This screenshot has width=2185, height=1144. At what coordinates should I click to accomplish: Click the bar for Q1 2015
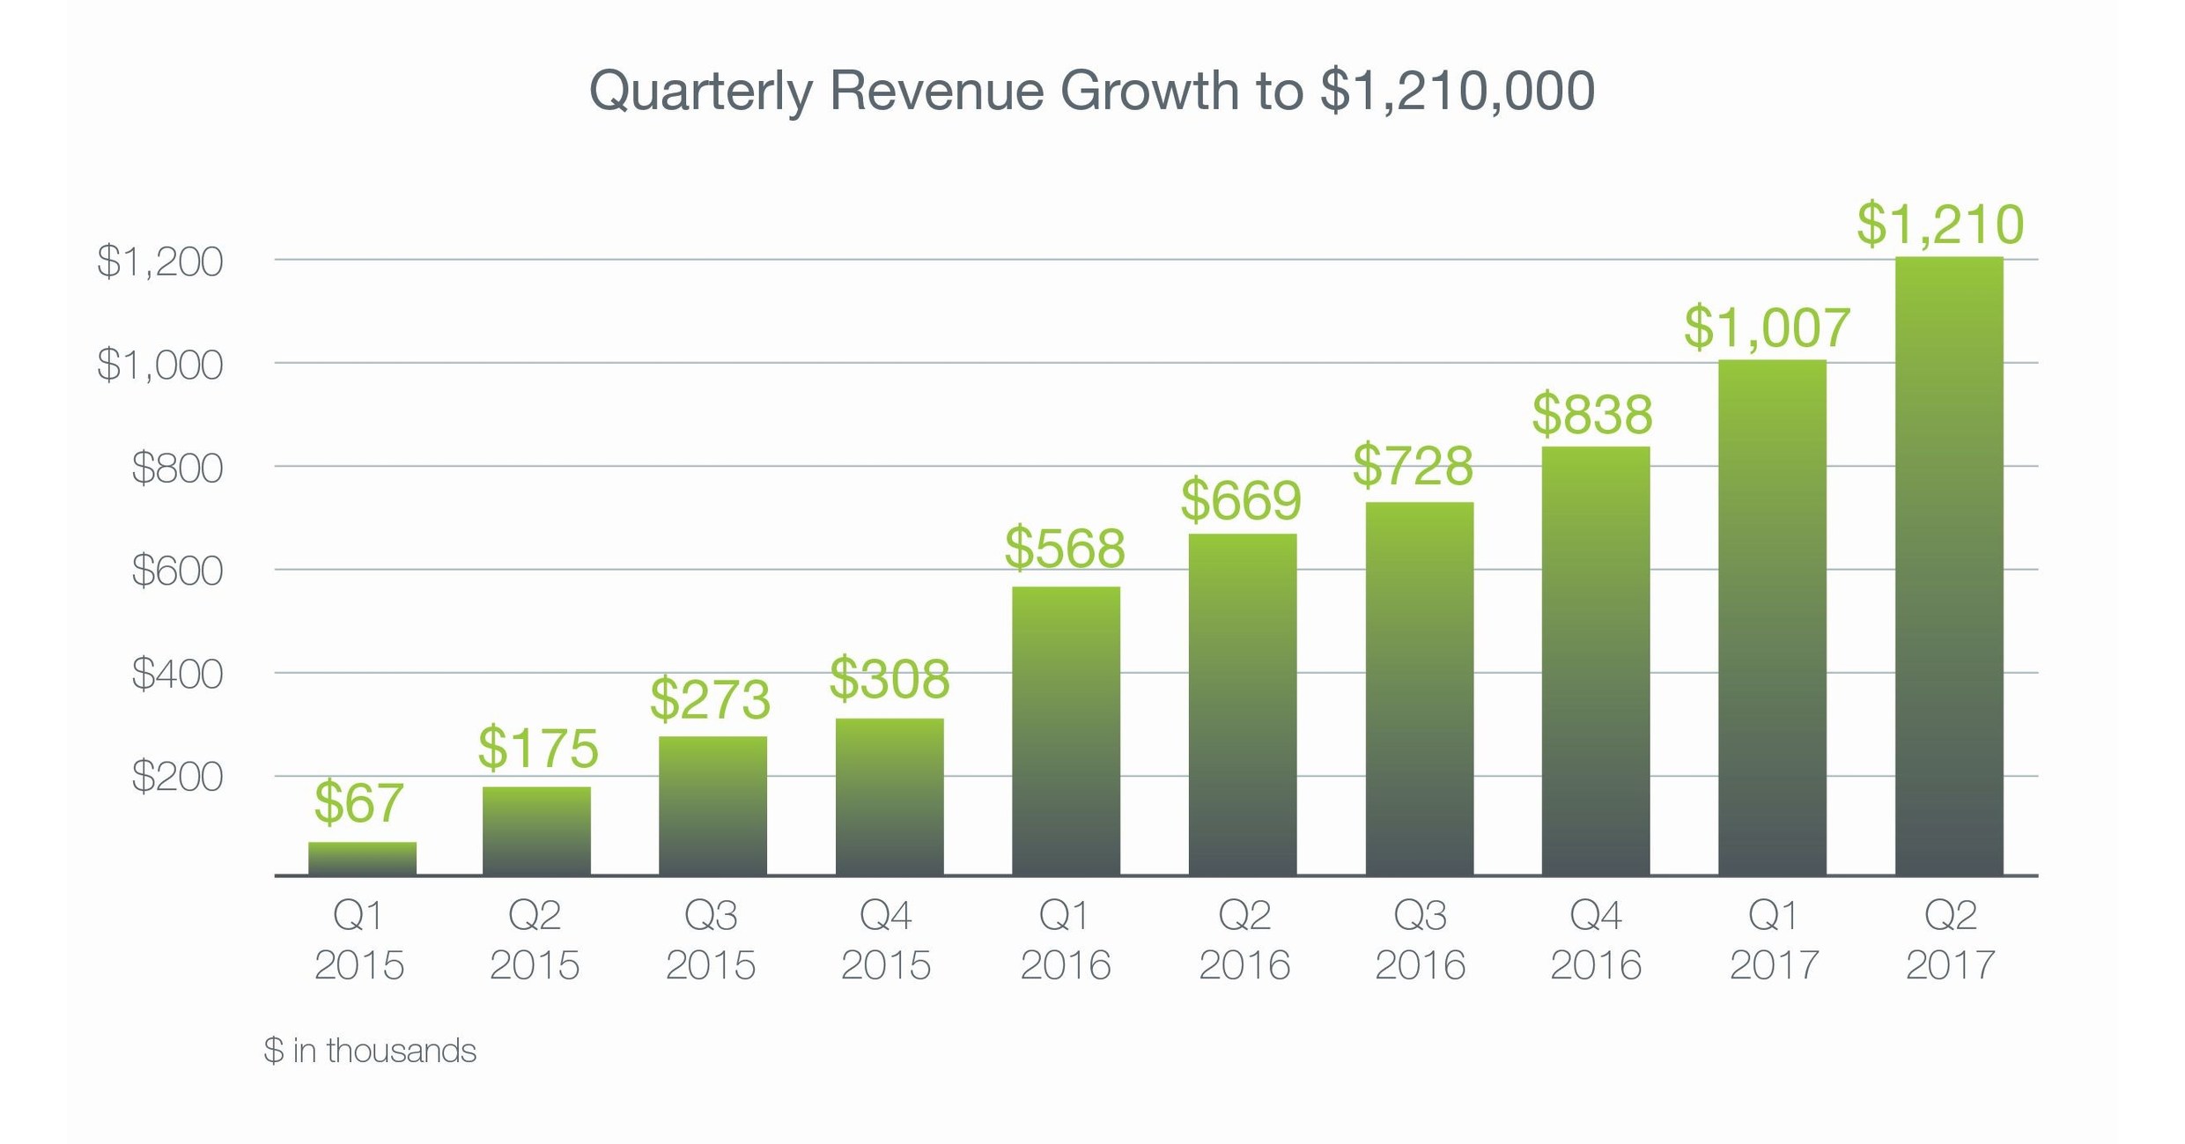pos(362,859)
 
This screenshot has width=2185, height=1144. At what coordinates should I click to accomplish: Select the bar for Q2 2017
pos(1948,568)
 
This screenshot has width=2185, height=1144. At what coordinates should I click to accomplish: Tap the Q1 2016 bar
pos(1066,731)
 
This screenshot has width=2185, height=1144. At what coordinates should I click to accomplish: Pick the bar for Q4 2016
pos(1595,661)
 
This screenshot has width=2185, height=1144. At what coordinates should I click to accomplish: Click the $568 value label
pos(1065,548)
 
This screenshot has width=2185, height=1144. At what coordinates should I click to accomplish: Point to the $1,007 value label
pos(1767,328)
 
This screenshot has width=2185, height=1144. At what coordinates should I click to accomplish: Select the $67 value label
pos(358,802)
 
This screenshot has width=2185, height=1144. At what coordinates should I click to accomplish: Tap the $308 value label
pos(890,679)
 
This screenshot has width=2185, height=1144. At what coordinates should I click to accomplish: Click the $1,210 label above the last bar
pos(1940,224)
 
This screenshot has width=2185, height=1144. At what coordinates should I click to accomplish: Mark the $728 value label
pos(1413,466)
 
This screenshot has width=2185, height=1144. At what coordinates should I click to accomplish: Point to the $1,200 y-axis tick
pos(160,262)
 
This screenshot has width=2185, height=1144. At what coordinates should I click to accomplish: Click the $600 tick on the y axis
pos(177,571)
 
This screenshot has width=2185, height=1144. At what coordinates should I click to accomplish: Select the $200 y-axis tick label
pos(177,777)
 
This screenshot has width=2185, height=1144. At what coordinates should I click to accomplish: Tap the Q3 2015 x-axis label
pos(711,940)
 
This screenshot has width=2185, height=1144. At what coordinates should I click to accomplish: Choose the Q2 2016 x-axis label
pos(1244,940)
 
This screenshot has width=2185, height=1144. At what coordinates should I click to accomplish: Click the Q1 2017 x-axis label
pos(1774,940)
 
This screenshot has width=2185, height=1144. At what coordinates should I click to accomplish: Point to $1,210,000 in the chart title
pos(1457,91)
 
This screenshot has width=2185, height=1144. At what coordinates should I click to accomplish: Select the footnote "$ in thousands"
pos(370,1051)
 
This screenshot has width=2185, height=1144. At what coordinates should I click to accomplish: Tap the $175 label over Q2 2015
pos(538,749)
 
